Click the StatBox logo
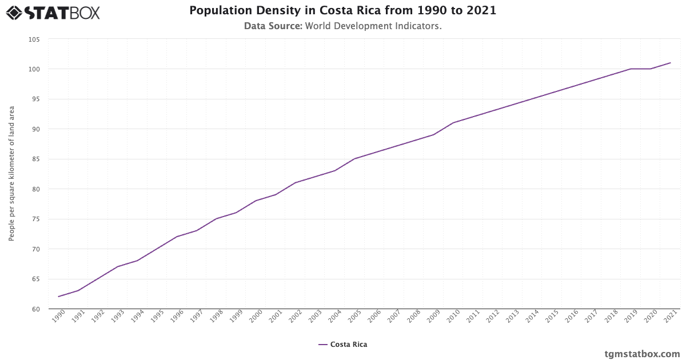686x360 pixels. click(53, 12)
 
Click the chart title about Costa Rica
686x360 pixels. click(342, 11)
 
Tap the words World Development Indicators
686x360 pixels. click(373, 26)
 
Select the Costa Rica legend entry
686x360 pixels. click(342, 345)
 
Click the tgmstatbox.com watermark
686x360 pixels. click(642, 354)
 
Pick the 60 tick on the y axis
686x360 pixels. click(35, 309)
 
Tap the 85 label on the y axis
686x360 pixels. click(35, 159)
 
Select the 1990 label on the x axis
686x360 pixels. click(58, 318)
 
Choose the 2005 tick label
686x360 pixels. click(354, 318)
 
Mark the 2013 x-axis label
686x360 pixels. click(512, 318)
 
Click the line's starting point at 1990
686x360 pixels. click(58, 297)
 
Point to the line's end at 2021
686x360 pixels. click(670, 63)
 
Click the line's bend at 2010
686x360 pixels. click(453, 123)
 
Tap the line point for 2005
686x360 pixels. click(354, 159)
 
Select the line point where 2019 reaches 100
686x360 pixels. click(631, 69)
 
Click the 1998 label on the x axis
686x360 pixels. click(216, 318)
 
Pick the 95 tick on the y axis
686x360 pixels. click(35, 99)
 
